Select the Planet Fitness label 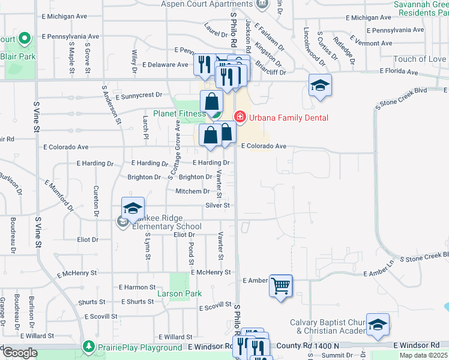click(x=179, y=113)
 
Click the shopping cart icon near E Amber click(x=280, y=285)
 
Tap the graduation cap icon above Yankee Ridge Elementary click(x=133, y=208)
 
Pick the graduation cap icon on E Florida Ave click(x=320, y=85)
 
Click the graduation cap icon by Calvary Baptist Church click(x=377, y=325)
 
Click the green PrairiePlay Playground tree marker click(x=89, y=347)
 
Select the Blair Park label click(x=18, y=56)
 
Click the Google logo click(x=19, y=353)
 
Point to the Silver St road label click(x=218, y=205)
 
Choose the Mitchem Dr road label click(x=192, y=191)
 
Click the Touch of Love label click(x=420, y=59)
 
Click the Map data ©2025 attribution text click(x=424, y=355)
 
